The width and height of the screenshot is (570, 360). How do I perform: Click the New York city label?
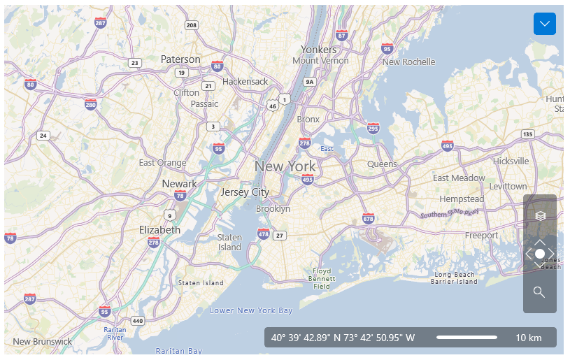coord(285,166)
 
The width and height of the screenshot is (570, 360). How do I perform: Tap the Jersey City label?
coord(245,192)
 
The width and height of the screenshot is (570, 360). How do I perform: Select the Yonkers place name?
coord(319,50)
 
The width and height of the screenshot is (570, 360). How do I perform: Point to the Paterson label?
coord(180,59)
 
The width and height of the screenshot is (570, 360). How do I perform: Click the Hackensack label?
coord(245,82)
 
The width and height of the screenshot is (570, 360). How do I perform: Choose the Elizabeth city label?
coord(159,229)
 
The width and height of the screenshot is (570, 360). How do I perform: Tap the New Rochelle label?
coord(408,62)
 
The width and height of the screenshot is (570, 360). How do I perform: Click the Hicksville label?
coord(511,161)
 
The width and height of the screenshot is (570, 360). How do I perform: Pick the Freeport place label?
coord(482,236)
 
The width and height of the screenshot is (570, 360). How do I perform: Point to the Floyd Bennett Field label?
coord(322,278)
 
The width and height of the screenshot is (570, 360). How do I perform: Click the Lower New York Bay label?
coord(251,310)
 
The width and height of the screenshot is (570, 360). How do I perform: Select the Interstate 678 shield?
coord(369,219)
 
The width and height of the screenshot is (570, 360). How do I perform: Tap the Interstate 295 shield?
coord(373,128)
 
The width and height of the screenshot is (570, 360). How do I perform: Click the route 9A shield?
coord(310,82)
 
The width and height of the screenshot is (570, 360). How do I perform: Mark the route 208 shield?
coord(192,25)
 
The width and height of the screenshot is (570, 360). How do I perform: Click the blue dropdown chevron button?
coord(544,24)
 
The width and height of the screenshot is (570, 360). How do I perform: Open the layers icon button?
coord(540,215)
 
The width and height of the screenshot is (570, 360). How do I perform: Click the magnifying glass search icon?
coord(539,292)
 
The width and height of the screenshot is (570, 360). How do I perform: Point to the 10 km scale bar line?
coord(466,338)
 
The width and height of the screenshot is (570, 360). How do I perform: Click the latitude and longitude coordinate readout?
coord(343,338)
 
